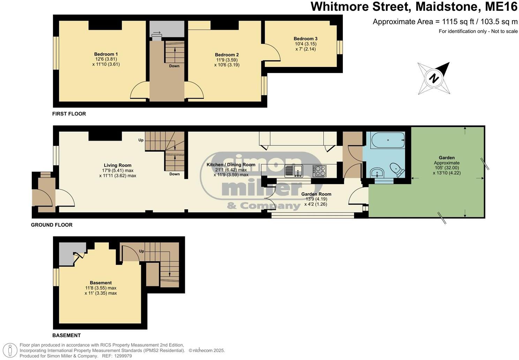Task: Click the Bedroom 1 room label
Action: [106, 54]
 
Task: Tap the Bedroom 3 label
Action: [306, 39]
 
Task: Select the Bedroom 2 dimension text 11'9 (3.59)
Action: [227, 60]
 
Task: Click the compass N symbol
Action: [434, 78]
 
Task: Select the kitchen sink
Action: [294, 171]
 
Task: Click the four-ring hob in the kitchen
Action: [319, 171]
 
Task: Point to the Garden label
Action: [446, 158]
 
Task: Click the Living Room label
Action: [118, 165]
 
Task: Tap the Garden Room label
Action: [316, 194]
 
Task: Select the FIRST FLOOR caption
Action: [69, 114]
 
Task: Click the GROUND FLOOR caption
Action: [52, 225]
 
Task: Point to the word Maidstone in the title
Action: [446, 7]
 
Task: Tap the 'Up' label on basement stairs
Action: [142, 251]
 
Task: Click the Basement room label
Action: [101, 283]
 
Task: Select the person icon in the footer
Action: [10, 350]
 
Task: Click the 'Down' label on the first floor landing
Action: [174, 66]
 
